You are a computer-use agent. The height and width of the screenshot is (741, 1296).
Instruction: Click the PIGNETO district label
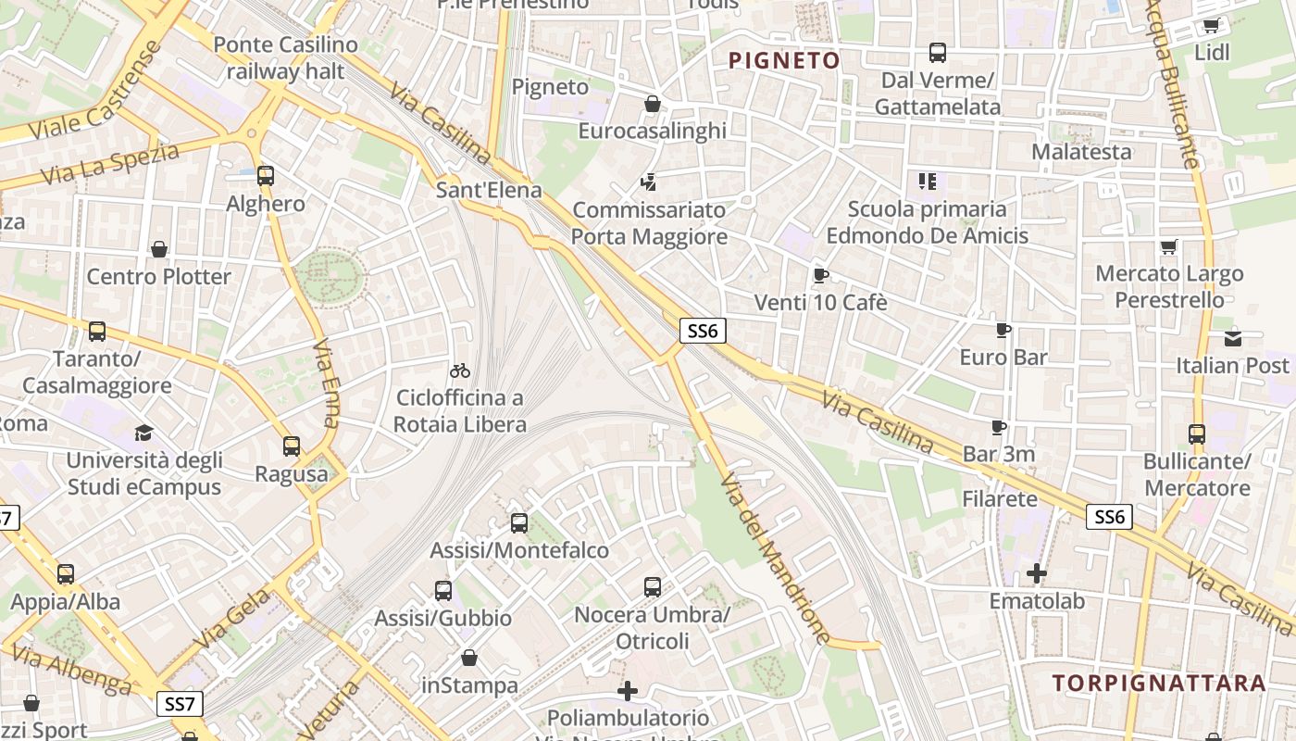pyautogui.click(x=784, y=61)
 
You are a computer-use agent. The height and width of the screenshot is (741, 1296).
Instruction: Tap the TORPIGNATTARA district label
pyautogui.click(x=1158, y=684)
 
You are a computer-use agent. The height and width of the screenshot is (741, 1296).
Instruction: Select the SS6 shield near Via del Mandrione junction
pyautogui.click(x=703, y=331)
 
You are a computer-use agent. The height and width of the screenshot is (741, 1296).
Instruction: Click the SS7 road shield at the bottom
pyautogui.click(x=180, y=704)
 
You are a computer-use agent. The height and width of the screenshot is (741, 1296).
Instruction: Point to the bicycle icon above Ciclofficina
pyautogui.click(x=460, y=370)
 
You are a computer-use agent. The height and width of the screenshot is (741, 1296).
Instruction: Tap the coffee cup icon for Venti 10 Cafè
pyautogui.click(x=820, y=275)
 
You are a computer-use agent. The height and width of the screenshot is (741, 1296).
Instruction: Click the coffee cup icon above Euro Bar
pyautogui.click(x=1003, y=330)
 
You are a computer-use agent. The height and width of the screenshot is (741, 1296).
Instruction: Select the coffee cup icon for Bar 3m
pyautogui.click(x=998, y=427)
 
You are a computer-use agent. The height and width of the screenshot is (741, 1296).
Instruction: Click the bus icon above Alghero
pyautogui.click(x=266, y=175)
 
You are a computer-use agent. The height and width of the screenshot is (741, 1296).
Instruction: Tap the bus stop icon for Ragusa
pyautogui.click(x=292, y=446)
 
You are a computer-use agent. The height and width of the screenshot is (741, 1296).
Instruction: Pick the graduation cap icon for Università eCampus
pyautogui.click(x=143, y=433)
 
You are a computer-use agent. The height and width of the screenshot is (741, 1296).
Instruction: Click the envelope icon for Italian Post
pyautogui.click(x=1232, y=338)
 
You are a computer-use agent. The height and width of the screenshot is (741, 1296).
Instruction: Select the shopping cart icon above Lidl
pyautogui.click(x=1211, y=26)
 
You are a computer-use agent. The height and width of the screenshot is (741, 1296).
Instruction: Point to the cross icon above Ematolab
pyautogui.click(x=1036, y=573)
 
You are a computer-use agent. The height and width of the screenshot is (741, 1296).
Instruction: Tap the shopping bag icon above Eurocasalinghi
pyautogui.click(x=652, y=104)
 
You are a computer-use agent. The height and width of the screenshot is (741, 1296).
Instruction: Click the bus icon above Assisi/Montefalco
pyautogui.click(x=518, y=523)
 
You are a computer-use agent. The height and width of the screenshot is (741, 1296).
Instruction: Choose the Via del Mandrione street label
pyautogui.click(x=775, y=559)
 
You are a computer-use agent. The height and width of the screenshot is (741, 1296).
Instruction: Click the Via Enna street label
pyautogui.click(x=326, y=383)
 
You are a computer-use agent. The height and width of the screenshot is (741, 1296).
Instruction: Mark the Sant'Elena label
pyautogui.click(x=489, y=192)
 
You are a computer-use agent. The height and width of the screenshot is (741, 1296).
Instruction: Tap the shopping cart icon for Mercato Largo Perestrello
pyautogui.click(x=1168, y=247)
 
